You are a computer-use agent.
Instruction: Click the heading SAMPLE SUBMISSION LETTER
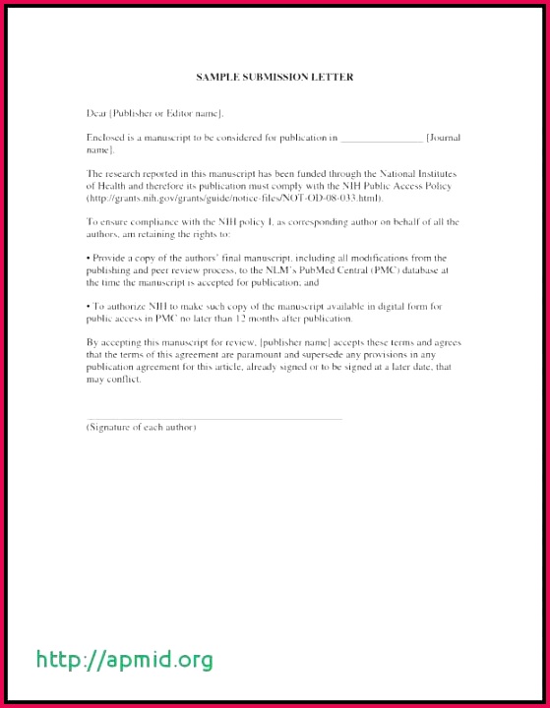point(275,77)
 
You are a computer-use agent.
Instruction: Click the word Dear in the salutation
point(96,114)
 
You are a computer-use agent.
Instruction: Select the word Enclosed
point(105,138)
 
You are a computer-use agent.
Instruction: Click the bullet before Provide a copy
point(89,258)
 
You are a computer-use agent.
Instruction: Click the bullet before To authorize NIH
point(89,307)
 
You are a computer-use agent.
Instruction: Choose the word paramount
point(260,354)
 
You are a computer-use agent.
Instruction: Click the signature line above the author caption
point(214,419)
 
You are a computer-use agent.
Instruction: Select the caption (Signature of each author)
point(141,427)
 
